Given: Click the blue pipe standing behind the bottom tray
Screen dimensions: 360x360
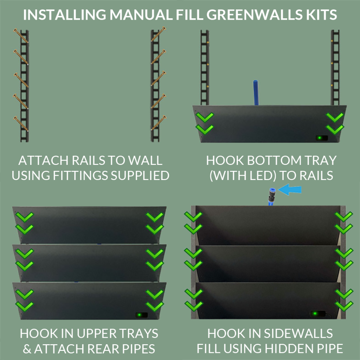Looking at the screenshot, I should (256, 93).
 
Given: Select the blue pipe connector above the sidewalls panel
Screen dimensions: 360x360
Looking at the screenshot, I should (271, 196).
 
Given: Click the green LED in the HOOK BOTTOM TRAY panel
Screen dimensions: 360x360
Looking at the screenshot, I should (319, 138).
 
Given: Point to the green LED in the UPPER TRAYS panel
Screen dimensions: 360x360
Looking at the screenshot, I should (140, 315).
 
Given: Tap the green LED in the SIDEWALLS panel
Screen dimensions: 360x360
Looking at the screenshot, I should (315, 313).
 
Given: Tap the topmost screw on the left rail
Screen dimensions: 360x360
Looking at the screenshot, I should (21, 36).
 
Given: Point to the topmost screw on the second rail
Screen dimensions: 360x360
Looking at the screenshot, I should (159, 34).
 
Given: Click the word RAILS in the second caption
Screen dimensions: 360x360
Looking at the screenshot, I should (314, 175).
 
